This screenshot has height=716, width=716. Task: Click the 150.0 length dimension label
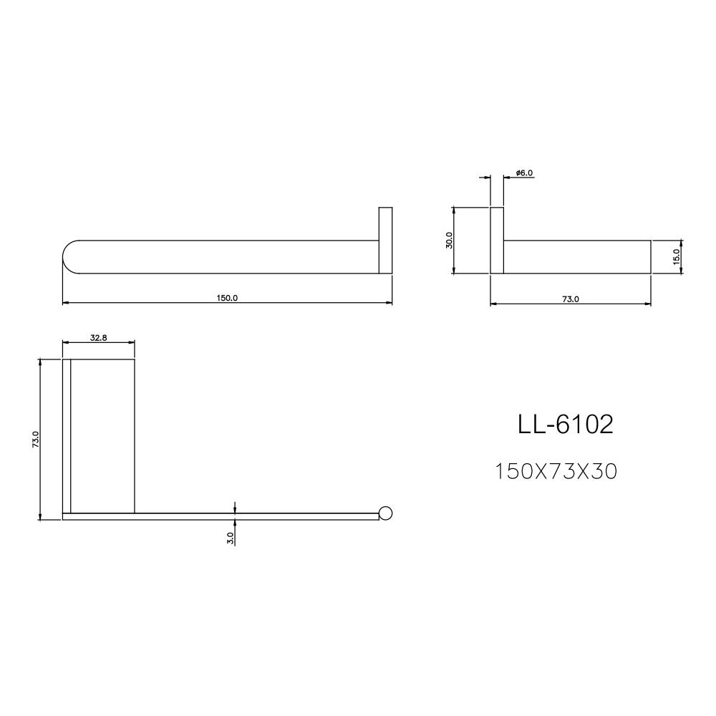(228, 299)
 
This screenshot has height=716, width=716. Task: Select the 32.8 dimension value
(99, 337)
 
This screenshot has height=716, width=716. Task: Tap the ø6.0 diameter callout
(525, 173)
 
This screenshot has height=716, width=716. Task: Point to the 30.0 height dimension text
(449, 240)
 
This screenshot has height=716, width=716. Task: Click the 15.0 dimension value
(677, 256)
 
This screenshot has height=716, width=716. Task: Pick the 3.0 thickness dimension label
(231, 538)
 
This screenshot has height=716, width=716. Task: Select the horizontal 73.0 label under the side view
(571, 299)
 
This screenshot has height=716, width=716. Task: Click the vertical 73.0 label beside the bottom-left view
(35, 440)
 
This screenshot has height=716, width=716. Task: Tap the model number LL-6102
(566, 425)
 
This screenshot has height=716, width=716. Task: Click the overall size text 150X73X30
(556, 472)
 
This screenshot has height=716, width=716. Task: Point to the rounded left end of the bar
(69, 257)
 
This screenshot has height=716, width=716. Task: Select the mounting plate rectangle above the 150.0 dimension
(385, 241)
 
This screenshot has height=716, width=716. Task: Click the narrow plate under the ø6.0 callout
(497, 241)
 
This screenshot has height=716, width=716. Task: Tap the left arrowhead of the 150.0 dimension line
(66, 304)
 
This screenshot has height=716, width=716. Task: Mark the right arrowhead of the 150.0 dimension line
(389, 304)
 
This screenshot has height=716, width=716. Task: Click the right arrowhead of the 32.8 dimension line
(132, 342)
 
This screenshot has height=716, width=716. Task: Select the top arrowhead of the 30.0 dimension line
(453, 211)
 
